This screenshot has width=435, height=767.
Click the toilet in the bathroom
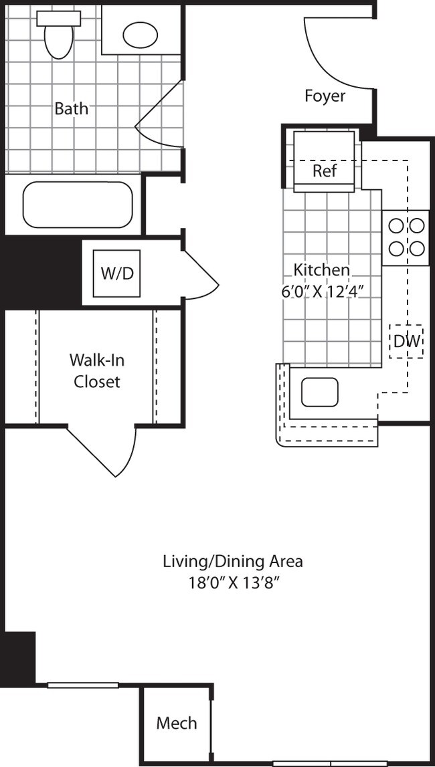(58, 33)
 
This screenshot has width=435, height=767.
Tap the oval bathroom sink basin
(140, 35)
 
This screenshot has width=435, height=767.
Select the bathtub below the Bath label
(78, 205)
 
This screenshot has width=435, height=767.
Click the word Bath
(72, 108)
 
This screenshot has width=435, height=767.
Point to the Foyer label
(325, 96)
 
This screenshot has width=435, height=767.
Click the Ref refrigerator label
(325, 171)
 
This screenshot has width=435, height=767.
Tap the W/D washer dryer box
(116, 273)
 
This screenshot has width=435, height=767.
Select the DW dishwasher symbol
(407, 341)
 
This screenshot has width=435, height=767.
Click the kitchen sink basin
(319, 393)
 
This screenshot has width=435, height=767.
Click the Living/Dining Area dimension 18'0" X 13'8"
(233, 582)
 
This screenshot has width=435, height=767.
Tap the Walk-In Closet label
(97, 370)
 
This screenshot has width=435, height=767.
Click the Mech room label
(177, 723)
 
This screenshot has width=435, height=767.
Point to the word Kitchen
(321, 269)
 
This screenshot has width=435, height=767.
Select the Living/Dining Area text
(233, 561)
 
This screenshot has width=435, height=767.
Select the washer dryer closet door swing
(201, 277)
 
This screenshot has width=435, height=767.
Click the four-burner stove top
(406, 238)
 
